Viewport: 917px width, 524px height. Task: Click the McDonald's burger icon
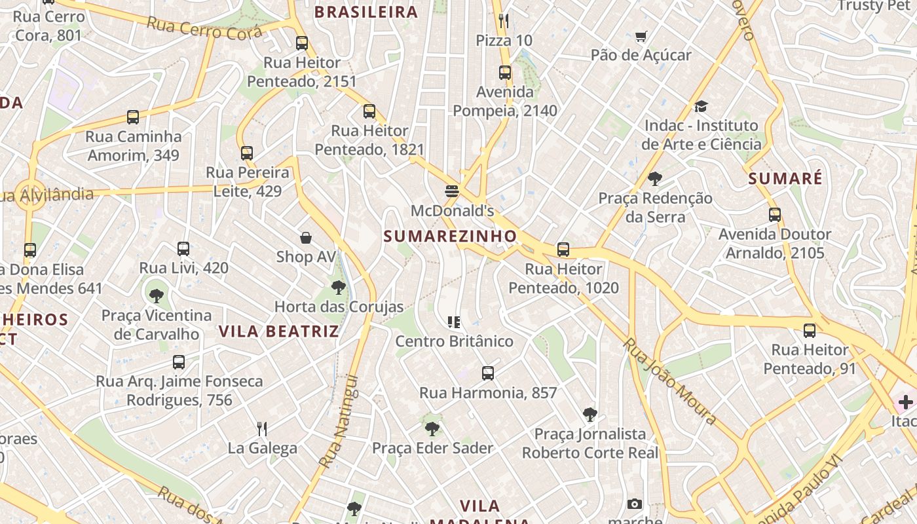pos(452,191)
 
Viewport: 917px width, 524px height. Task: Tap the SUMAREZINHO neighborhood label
pos(450,236)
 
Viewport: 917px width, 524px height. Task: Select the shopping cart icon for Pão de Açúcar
pos(641,36)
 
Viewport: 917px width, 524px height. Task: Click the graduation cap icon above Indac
pos(701,106)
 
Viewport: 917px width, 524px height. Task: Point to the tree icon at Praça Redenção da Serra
pos(654,178)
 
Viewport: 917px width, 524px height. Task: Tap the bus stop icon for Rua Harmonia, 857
pos(487,373)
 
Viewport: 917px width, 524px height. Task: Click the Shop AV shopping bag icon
pos(305,237)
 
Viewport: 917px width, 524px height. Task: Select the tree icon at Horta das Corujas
pos(339,287)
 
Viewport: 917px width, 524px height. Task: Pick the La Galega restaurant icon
pos(262,429)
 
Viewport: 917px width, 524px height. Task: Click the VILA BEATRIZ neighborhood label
pos(279,331)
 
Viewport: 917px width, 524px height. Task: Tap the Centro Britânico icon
pos(454,322)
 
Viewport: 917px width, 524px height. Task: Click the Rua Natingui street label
pos(339,421)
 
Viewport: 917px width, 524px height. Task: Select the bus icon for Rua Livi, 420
pos(183,249)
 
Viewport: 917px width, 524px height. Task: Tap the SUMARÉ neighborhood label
pos(785,178)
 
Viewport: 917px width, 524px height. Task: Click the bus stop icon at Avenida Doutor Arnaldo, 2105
pos(775,215)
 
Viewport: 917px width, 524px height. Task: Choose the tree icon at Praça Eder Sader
pos(432,429)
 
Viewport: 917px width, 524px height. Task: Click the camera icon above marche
pos(634,504)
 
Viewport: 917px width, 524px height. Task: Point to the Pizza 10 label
pos(504,41)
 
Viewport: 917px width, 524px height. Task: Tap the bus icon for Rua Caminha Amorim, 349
pos(133,117)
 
